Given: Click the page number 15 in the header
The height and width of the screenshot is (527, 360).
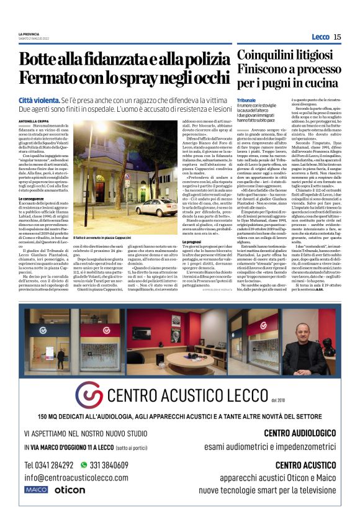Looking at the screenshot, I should click(x=337, y=37).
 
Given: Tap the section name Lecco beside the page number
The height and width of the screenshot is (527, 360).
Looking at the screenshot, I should click(x=320, y=37).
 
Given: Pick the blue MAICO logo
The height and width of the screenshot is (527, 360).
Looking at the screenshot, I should click(x=36, y=490).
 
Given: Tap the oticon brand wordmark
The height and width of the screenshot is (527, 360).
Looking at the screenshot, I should click(x=70, y=490).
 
